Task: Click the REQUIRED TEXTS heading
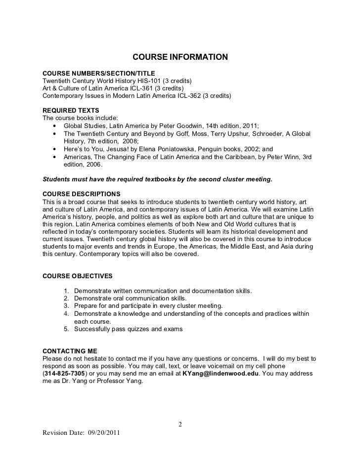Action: tap(71, 110)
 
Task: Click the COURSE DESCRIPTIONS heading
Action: tap(81, 193)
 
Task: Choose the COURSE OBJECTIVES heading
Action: tap(78, 275)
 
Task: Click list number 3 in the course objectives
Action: tap(67, 306)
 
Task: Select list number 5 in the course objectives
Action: tap(67, 329)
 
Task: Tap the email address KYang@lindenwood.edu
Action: tap(220, 374)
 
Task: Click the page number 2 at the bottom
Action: tap(180, 424)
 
